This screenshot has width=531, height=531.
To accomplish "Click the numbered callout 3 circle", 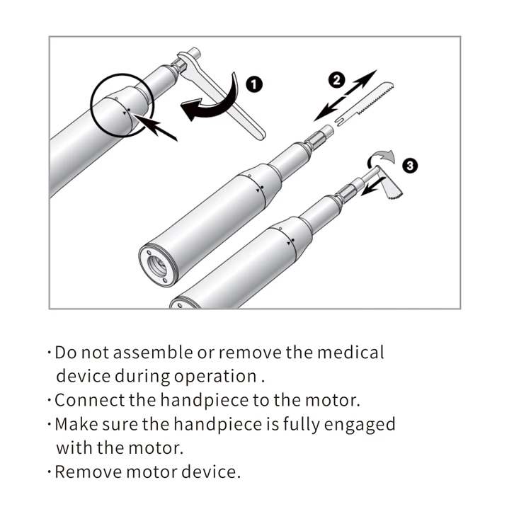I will click(x=409, y=166).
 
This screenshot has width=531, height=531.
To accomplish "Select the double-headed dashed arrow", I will click(x=346, y=94).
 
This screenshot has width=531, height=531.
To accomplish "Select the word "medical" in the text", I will click(x=351, y=352).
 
